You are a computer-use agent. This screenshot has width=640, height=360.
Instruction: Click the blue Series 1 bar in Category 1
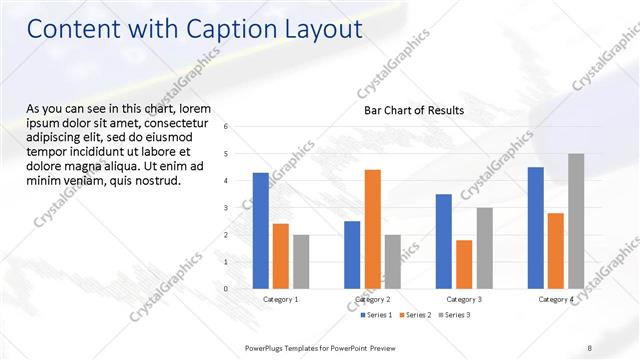point(261,230)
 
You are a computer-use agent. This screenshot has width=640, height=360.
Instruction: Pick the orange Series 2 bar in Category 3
point(464,264)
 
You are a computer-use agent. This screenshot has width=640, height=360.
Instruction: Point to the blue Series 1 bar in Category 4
point(535,227)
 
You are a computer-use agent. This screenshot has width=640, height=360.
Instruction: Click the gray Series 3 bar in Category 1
point(301,261)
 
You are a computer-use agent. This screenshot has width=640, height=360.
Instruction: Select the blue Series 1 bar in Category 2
point(352,254)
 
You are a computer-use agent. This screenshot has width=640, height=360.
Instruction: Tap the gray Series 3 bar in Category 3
point(484,248)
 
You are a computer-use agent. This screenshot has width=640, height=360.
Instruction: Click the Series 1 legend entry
point(376,315)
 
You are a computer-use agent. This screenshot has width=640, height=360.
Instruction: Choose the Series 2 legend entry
point(416,315)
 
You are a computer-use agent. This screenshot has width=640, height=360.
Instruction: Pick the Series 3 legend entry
point(456,315)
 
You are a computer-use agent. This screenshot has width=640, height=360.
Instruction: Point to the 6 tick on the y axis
point(226,127)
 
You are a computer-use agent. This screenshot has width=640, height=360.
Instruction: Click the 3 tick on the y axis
point(226,208)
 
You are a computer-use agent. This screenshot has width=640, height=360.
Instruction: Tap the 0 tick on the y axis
point(226,289)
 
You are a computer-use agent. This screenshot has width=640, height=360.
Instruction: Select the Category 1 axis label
point(281,299)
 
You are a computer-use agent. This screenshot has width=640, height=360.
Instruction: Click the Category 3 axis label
point(464,299)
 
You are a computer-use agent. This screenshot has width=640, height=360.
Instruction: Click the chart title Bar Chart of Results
point(414,110)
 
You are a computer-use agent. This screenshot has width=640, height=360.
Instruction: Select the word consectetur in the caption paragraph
point(185,120)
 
